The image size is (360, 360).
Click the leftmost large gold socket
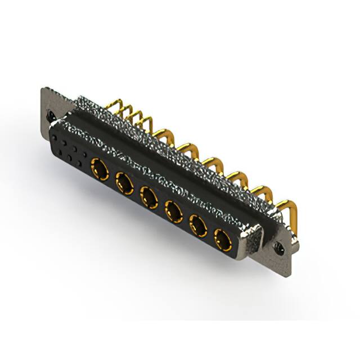pyautogui.click(x=100, y=166)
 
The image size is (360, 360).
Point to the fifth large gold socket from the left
pyautogui.click(x=197, y=226)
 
